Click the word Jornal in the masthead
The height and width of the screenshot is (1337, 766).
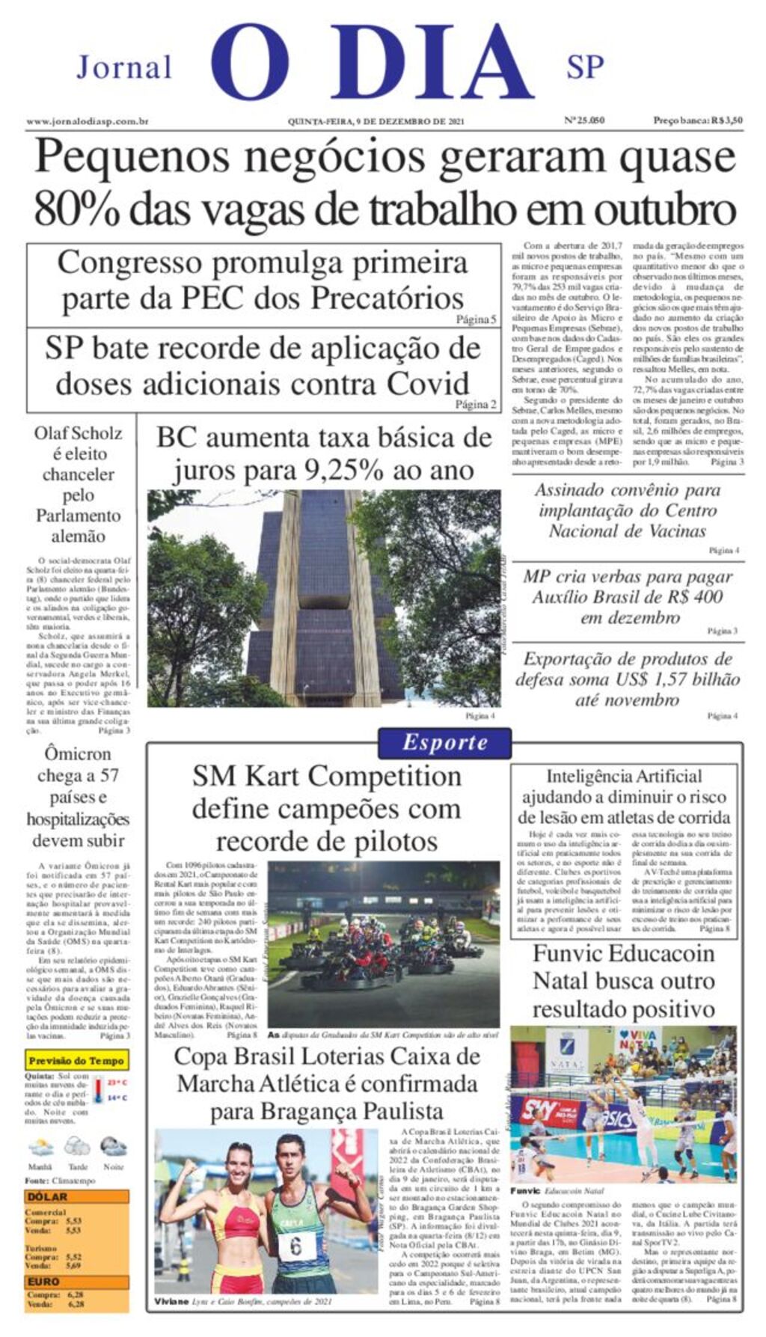[x=124, y=67]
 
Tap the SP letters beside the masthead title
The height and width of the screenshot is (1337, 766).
[x=584, y=67]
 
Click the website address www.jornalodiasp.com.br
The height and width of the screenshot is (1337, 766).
[x=87, y=121]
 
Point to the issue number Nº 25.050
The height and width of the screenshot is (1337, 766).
[x=584, y=120]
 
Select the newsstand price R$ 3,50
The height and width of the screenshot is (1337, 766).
[x=726, y=120]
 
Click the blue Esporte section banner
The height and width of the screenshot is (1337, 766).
[x=444, y=743]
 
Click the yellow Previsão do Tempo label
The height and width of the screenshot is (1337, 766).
[x=76, y=1060]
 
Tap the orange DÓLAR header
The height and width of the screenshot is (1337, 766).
[x=48, y=1196]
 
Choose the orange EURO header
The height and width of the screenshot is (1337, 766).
[x=43, y=1281]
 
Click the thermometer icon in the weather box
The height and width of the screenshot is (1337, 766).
[x=98, y=1089]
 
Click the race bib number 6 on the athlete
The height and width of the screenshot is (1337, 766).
[x=295, y=1246]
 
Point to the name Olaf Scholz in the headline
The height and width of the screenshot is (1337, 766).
[x=78, y=433]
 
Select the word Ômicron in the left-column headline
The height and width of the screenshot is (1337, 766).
[x=78, y=753]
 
